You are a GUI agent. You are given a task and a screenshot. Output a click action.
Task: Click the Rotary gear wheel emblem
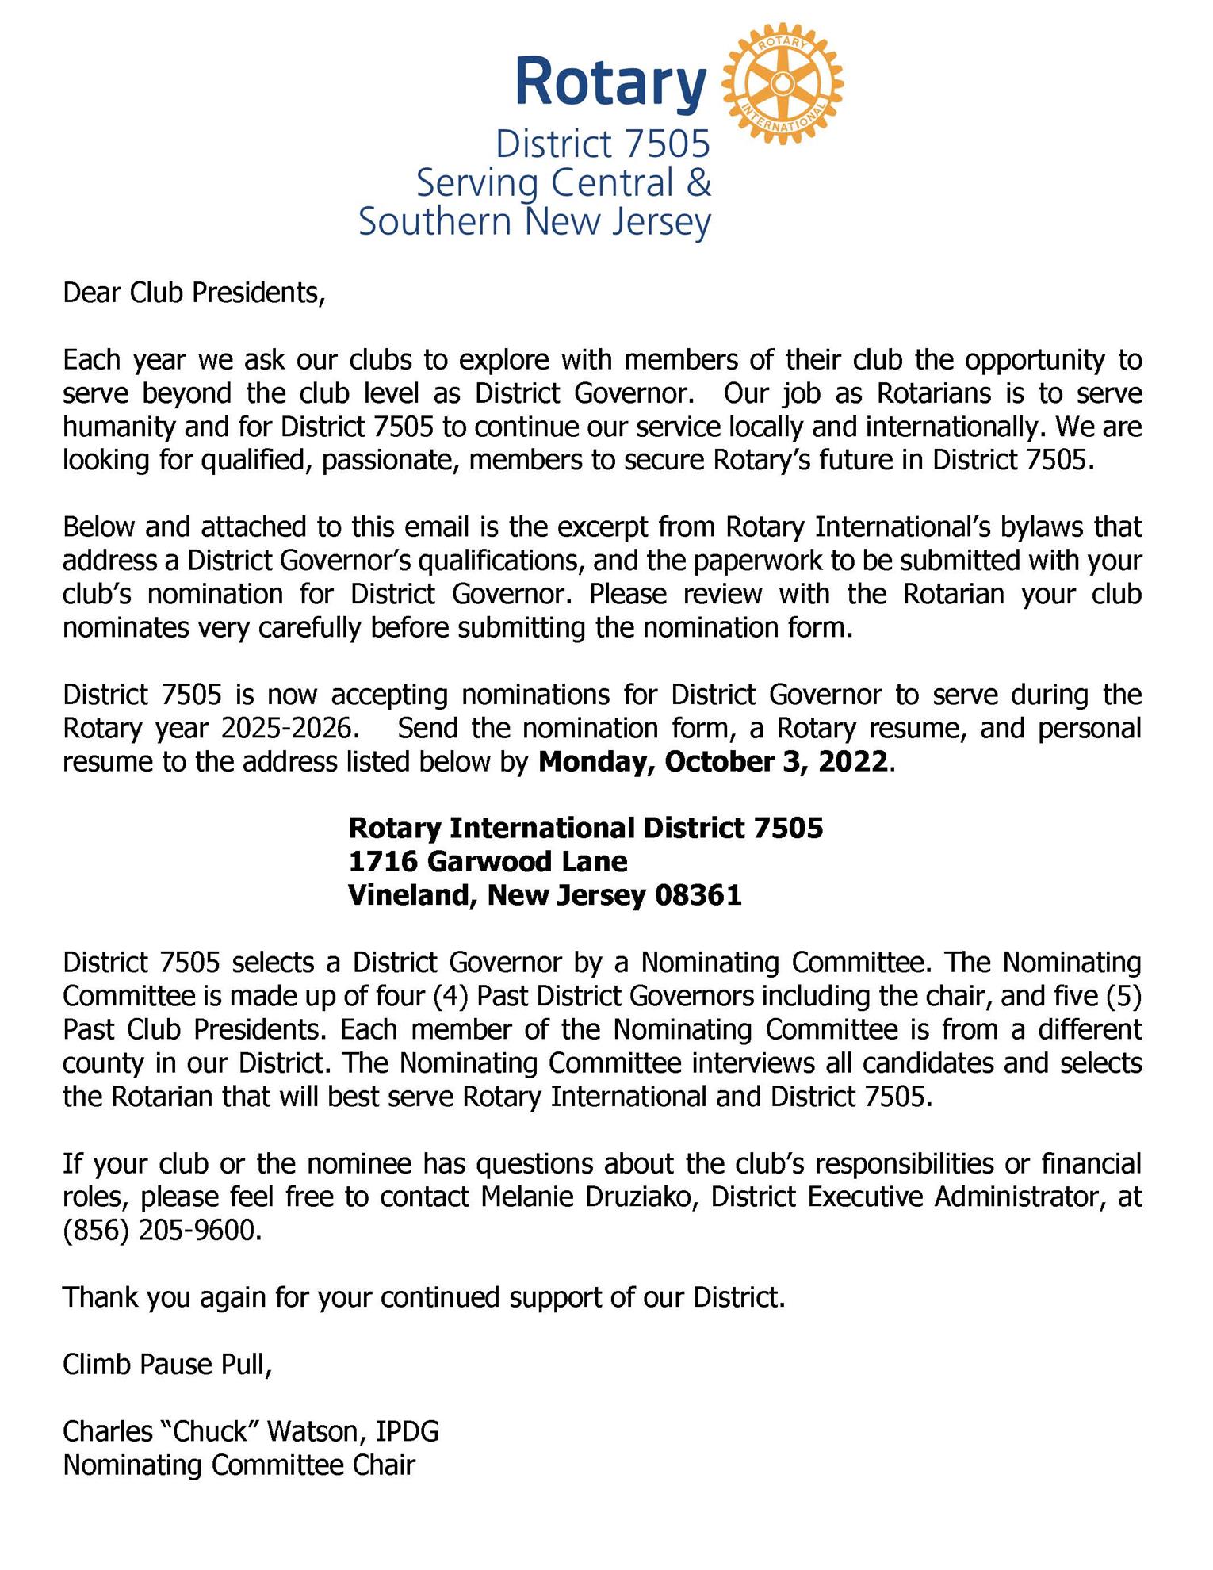click(x=783, y=83)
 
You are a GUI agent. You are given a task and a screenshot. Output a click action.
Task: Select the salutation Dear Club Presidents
click(x=193, y=293)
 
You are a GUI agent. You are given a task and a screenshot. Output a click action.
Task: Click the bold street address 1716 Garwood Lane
click(x=488, y=861)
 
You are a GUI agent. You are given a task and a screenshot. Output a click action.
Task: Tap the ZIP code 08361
click(x=698, y=895)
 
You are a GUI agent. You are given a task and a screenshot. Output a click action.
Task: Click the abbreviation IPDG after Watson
click(x=407, y=1432)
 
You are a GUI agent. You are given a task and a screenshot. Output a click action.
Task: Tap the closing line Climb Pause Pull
click(x=167, y=1365)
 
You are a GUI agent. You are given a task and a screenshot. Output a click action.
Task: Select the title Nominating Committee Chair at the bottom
click(x=239, y=1465)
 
